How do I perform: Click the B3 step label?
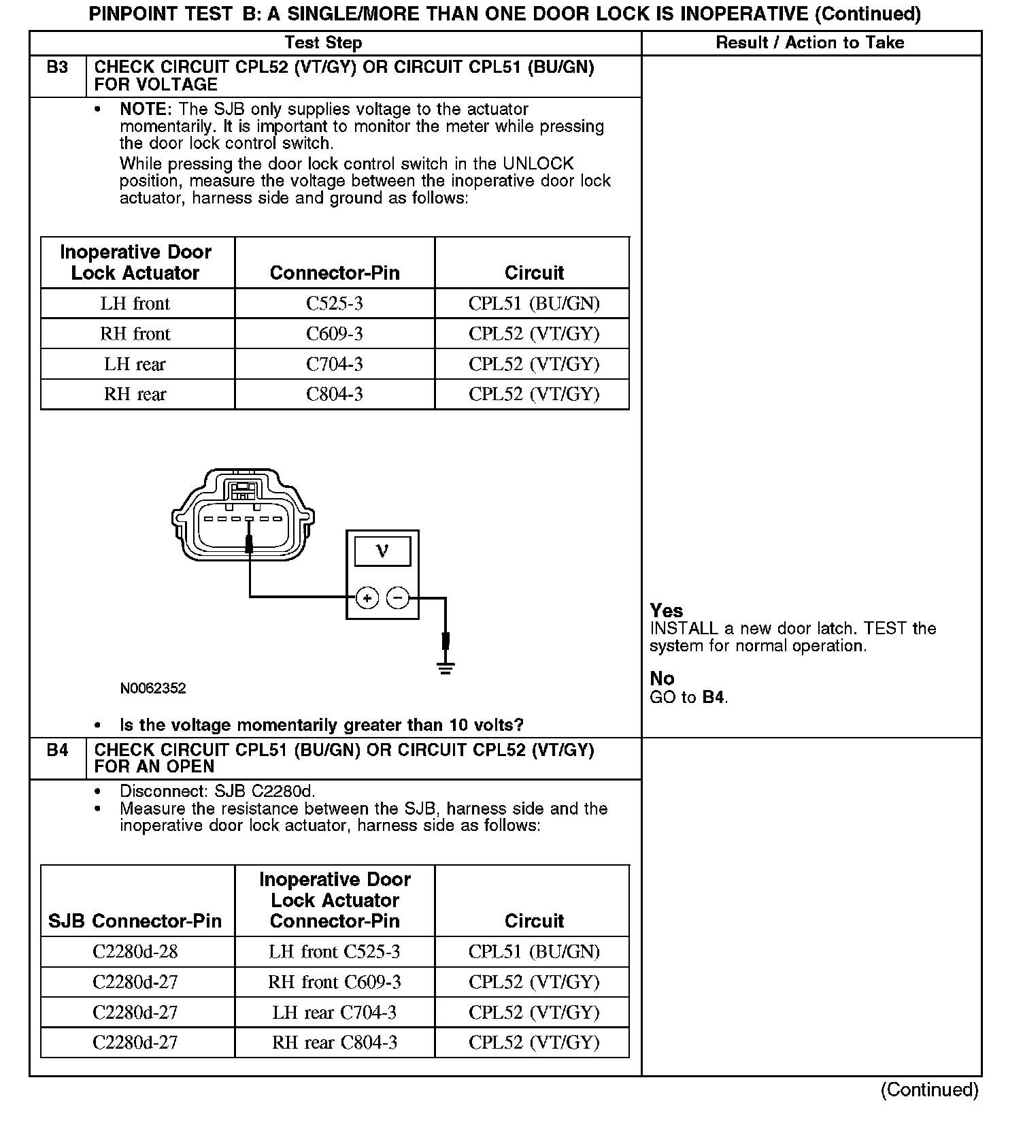click(x=57, y=68)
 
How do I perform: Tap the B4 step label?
click(x=57, y=750)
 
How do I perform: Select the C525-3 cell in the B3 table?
click(x=334, y=304)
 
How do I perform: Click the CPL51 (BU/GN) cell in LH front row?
click(x=534, y=304)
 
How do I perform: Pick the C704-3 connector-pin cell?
click(x=334, y=364)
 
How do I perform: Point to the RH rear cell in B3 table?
click(x=135, y=394)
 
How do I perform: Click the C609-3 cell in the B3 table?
click(x=334, y=333)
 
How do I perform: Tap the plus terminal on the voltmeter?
click(x=367, y=598)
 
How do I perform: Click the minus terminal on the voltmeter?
click(x=398, y=598)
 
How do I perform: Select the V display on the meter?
click(x=382, y=551)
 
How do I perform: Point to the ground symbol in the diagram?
click(x=446, y=666)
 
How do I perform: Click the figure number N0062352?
click(x=153, y=688)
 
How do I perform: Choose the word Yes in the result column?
click(x=666, y=610)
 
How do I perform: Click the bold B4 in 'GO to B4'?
click(x=713, y=697)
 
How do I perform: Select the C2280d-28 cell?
click(x=135, y=951)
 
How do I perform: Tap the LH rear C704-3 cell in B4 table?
click(x=334, y=1013)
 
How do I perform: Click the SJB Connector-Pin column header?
click(x=135, y=921)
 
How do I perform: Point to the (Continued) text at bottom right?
click(x=929, y=1090)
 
